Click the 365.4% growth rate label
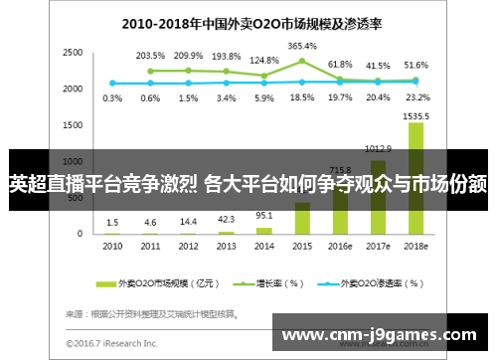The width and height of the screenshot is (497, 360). click(302, 46)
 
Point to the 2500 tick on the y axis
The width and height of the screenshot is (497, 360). click(72, 52)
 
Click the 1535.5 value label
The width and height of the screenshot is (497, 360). click(416, 115)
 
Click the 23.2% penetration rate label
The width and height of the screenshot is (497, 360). click(416, 97)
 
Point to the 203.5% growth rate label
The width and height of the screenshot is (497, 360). click(151, 56)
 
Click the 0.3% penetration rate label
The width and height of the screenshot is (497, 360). click(113, 97)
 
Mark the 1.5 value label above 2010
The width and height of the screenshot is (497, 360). click(113, 222)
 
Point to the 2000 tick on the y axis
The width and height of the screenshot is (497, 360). click(72, 89)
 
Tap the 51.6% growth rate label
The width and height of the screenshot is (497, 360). click(416, 64)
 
